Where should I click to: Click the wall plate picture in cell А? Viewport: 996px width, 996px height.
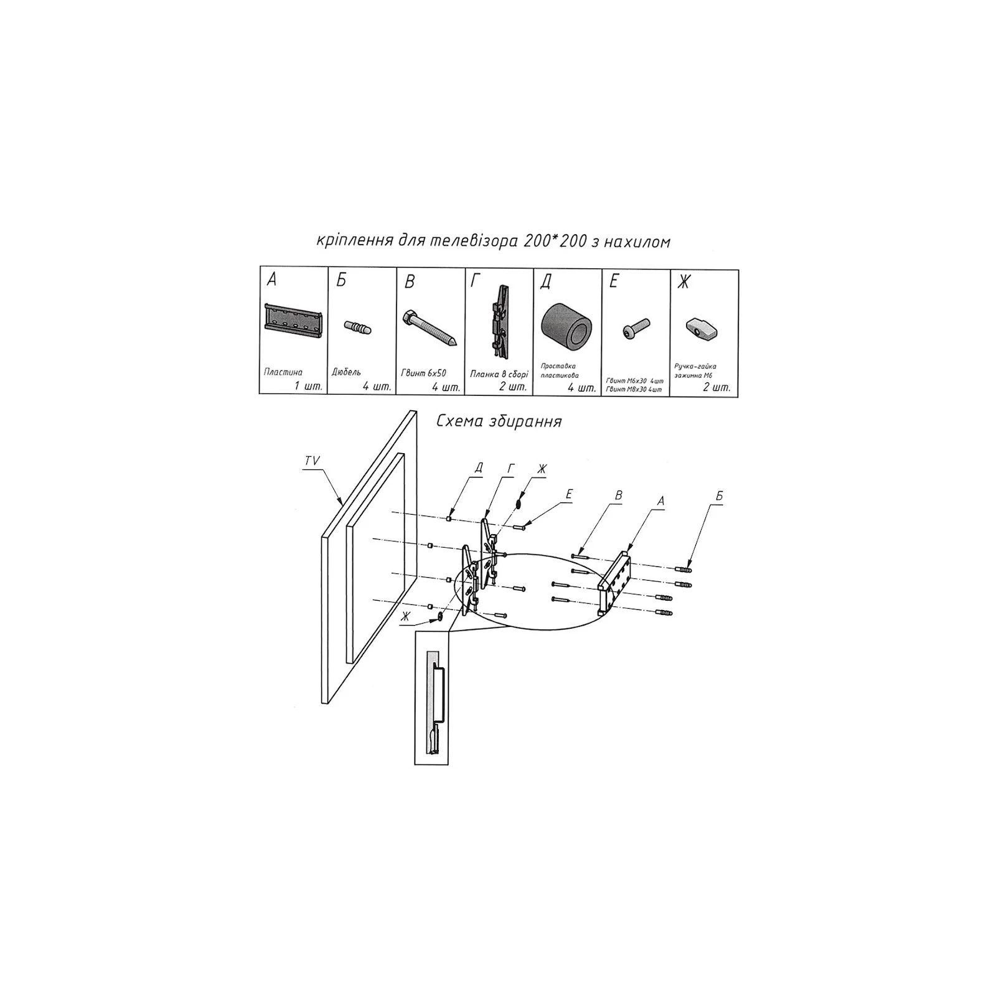(292, 321)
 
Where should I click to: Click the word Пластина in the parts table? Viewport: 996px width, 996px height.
(283, 372)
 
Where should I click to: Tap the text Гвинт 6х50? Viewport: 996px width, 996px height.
(424, 374)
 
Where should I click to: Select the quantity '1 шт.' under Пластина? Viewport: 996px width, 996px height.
(309, 387)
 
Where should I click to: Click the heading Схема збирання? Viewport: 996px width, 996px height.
(499, 421)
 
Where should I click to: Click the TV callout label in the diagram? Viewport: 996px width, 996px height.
(312, 461)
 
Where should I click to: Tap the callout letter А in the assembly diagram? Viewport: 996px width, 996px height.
(660, 499)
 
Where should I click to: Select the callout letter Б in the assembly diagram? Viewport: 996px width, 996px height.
(719, 496)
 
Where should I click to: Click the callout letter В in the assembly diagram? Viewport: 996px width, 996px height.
(619, 496)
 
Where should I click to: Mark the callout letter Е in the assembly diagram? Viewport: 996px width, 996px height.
(569, 494)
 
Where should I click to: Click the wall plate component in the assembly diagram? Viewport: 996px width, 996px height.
(615, 580)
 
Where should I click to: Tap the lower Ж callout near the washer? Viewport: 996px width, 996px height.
(406, 616)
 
